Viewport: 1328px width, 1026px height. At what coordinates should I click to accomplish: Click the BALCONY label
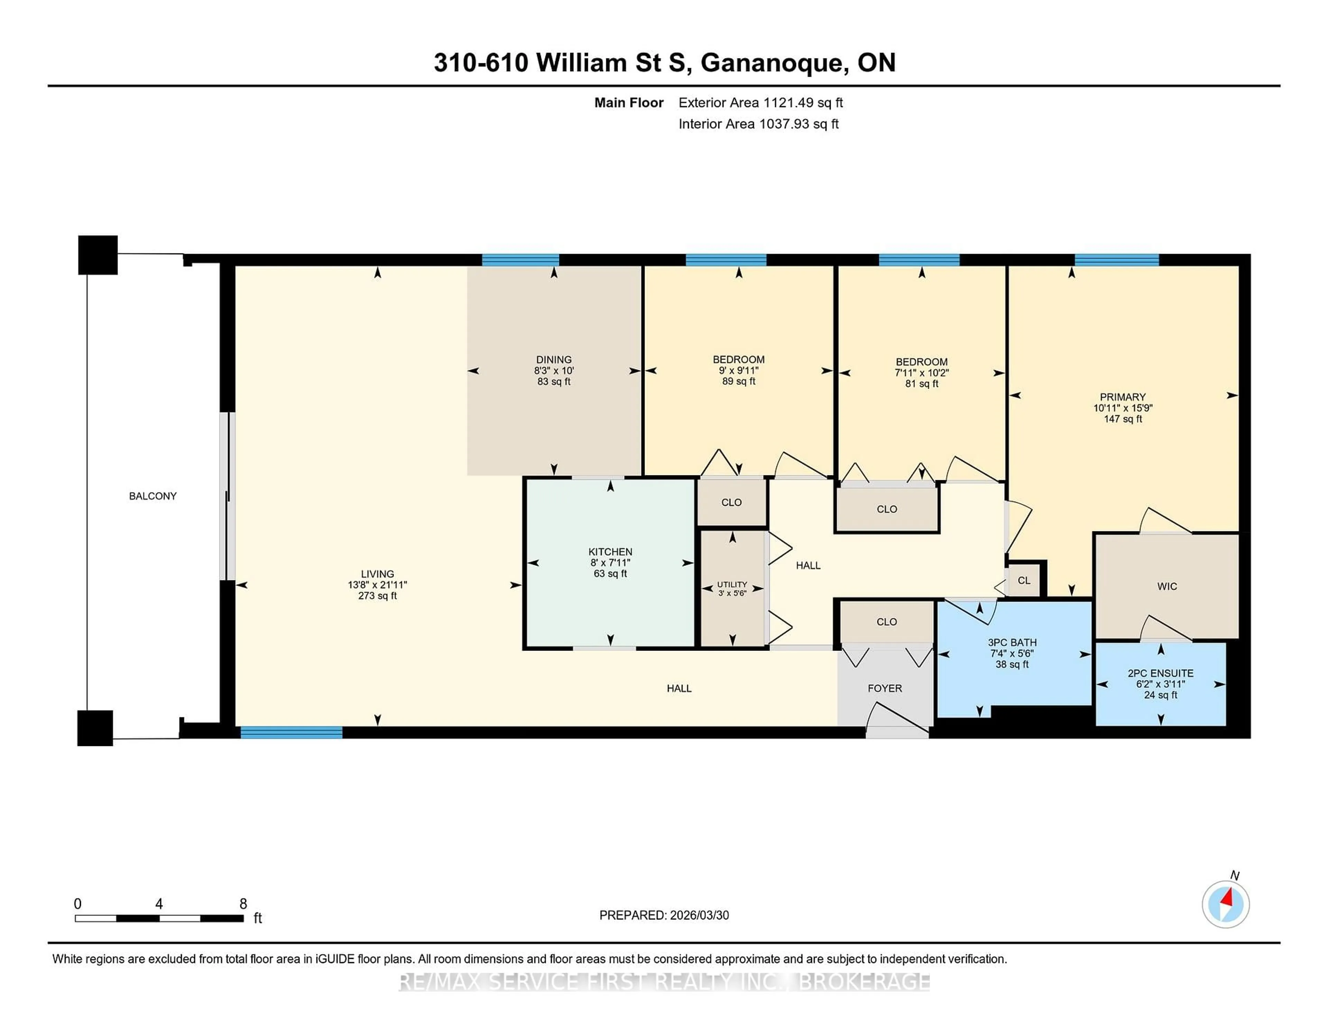[153, 496]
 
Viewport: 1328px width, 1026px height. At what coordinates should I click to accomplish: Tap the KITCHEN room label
[610, 552]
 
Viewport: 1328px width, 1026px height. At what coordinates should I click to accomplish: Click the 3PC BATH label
[1012, 643]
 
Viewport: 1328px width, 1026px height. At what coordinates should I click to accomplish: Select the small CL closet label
[1024, 580]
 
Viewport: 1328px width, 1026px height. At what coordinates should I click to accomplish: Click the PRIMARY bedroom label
[1123, 397]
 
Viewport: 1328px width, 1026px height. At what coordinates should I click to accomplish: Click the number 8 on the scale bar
[243, 904]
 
